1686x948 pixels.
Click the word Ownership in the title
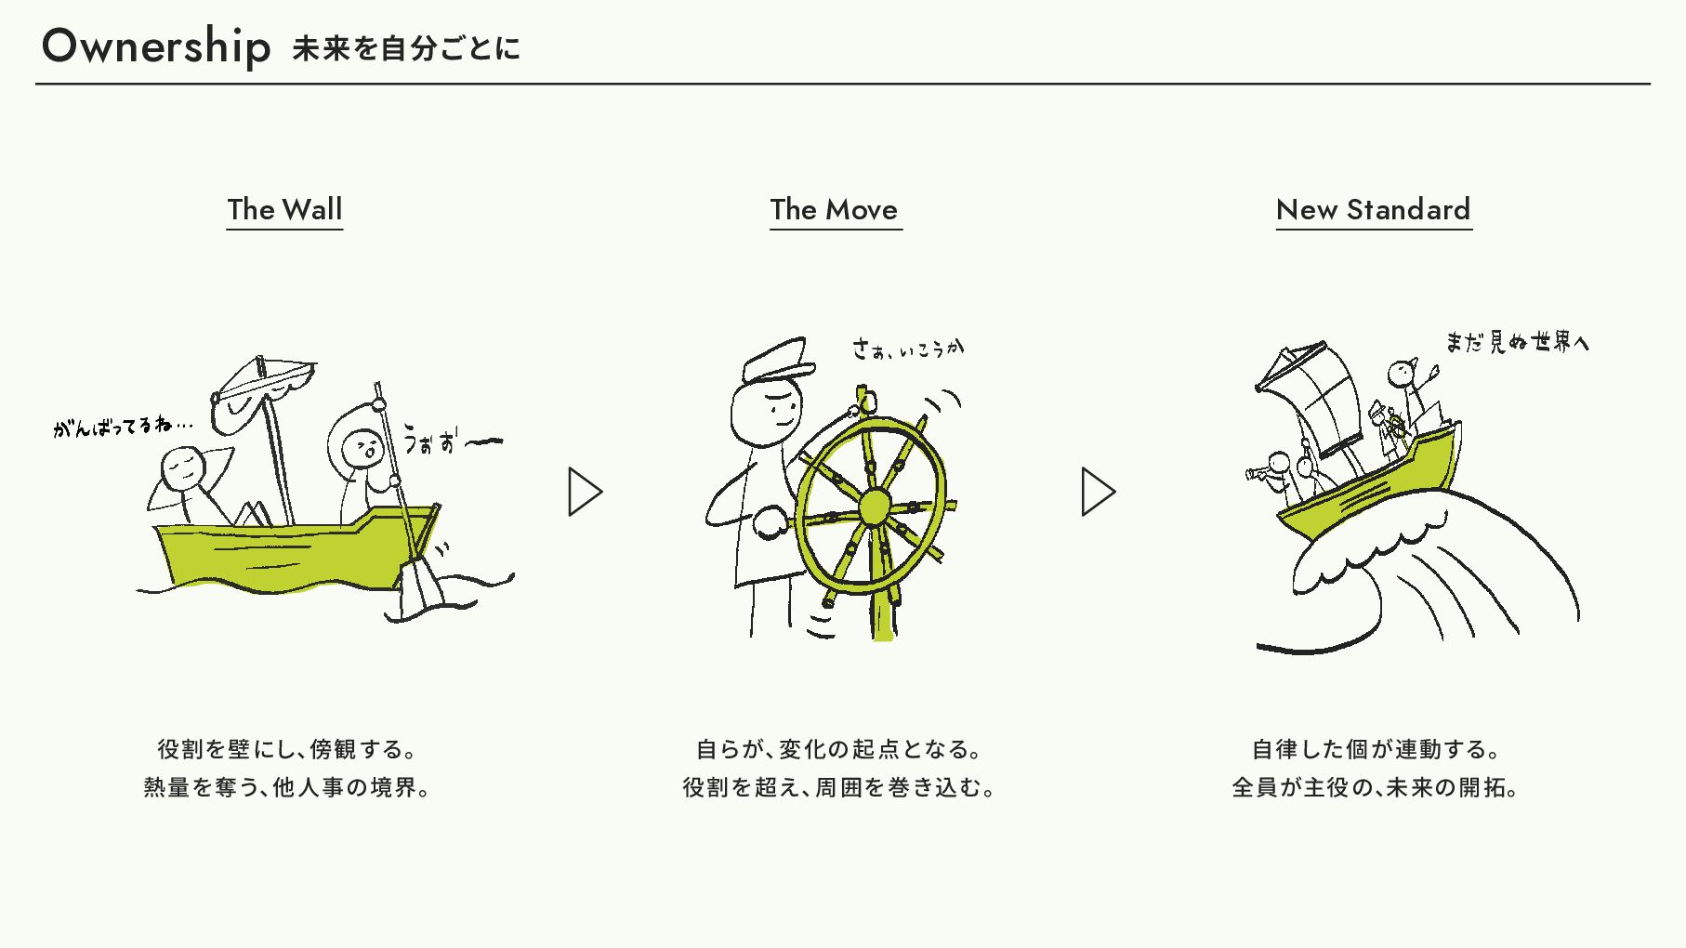click(x=156, y=46)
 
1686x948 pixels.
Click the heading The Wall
click(x=284, y=210)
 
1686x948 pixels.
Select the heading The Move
click(x=834, y=210)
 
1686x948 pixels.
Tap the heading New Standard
click(x=1373, y=210)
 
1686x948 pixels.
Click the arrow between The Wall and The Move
click(x=585, y=492)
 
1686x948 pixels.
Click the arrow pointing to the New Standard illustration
click(x=1098, y=492)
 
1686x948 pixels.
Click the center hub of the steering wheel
click(x=875, y=507)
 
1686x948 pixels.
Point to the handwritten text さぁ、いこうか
click(x=908, y=349)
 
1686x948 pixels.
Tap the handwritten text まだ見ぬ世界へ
click(x=1517, y=342)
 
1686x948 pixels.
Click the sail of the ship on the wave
click(x=1314, y=400)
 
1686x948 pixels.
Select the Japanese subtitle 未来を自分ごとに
click(x=406, y=48)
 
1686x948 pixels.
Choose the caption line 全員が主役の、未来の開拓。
click(x=1376, y=788)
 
